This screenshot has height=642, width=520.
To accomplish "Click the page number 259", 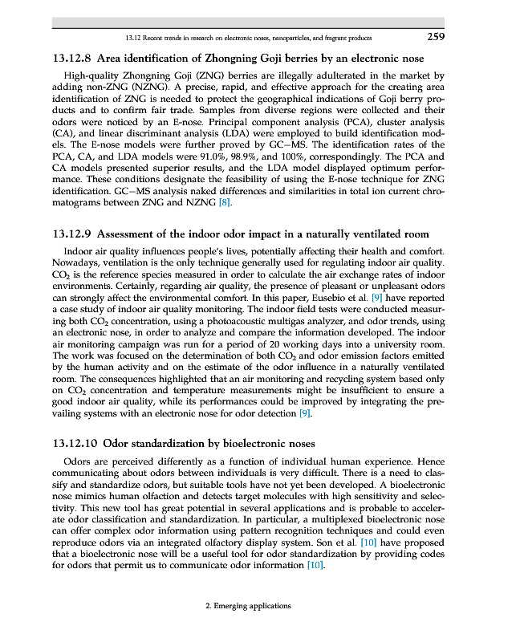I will click(433, 36).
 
